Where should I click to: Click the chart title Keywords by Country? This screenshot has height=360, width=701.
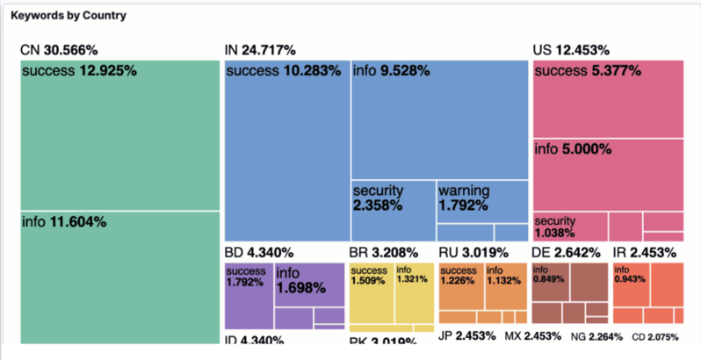68,16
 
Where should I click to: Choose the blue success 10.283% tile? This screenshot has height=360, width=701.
286,149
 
